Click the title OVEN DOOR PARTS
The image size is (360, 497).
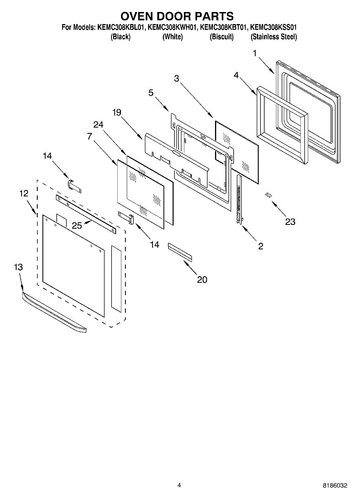[x=177, y=16]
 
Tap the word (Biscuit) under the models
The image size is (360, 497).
[x=222, y=37]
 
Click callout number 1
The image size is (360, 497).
[x=255, y=53]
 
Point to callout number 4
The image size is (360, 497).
[x=236, y=75]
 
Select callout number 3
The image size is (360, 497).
[x=177, y=78]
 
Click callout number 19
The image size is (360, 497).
[x=117, y=112]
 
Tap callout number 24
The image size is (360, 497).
[x=98, y=124]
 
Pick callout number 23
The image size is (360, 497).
[x=290, y=222]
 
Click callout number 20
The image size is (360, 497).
[x=202, y=280]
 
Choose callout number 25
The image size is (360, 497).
[x=77, y=225]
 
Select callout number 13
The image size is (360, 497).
[x=18, y=267]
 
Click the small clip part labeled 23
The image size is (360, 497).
[x=268, y=194]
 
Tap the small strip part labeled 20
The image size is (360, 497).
[x=180, y=252]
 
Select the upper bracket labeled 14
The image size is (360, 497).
[x=74, y=185]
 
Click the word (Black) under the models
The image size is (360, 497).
[x=121, y=37]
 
